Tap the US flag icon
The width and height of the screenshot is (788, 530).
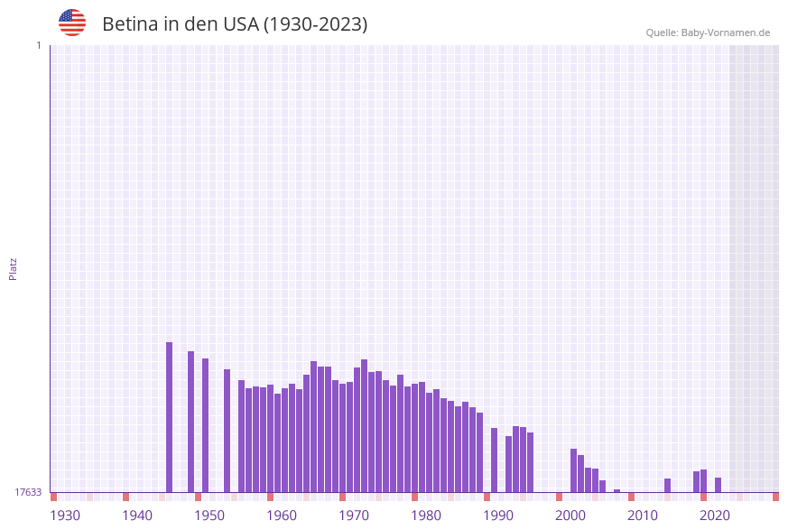point(72,23)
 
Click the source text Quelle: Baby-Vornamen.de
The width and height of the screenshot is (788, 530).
point(708,33)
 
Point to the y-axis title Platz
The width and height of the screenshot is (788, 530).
point(14,268)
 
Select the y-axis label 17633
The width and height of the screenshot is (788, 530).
point(28,492)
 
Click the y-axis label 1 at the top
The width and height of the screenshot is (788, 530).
point(38,45)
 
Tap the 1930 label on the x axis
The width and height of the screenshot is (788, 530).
point(65,515)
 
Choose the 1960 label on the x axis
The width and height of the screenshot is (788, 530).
point(282,515)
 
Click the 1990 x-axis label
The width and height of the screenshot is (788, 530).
point(498,515)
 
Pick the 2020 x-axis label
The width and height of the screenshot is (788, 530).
point(715,515)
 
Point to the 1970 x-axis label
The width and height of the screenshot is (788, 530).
point(354,515)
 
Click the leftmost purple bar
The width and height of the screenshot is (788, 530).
point(169,417)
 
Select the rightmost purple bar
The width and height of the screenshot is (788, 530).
point(718,485)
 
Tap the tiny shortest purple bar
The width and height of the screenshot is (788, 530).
point(616,491)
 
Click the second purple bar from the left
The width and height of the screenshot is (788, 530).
point(190,422)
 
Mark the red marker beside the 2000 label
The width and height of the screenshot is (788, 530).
point(559,497)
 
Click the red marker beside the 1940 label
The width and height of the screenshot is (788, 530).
point(125,497)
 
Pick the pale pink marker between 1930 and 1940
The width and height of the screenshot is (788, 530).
point(89,497)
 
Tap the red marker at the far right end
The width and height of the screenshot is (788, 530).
point(775,497)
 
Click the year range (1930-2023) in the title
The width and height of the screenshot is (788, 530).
point(315,24)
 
